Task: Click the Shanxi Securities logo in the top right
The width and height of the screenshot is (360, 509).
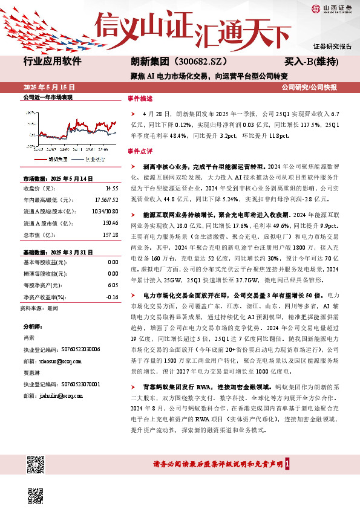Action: [331, 8]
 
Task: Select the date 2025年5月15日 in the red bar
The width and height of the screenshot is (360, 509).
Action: [46, 87]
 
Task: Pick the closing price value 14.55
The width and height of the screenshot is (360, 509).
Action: [111, 189]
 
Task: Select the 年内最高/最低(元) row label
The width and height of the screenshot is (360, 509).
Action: [45, 200]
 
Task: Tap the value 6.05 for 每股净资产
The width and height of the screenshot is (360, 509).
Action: [112, 285]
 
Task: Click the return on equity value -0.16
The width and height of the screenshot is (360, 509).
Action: [112, 297]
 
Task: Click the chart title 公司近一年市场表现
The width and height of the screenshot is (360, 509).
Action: [47, 97]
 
